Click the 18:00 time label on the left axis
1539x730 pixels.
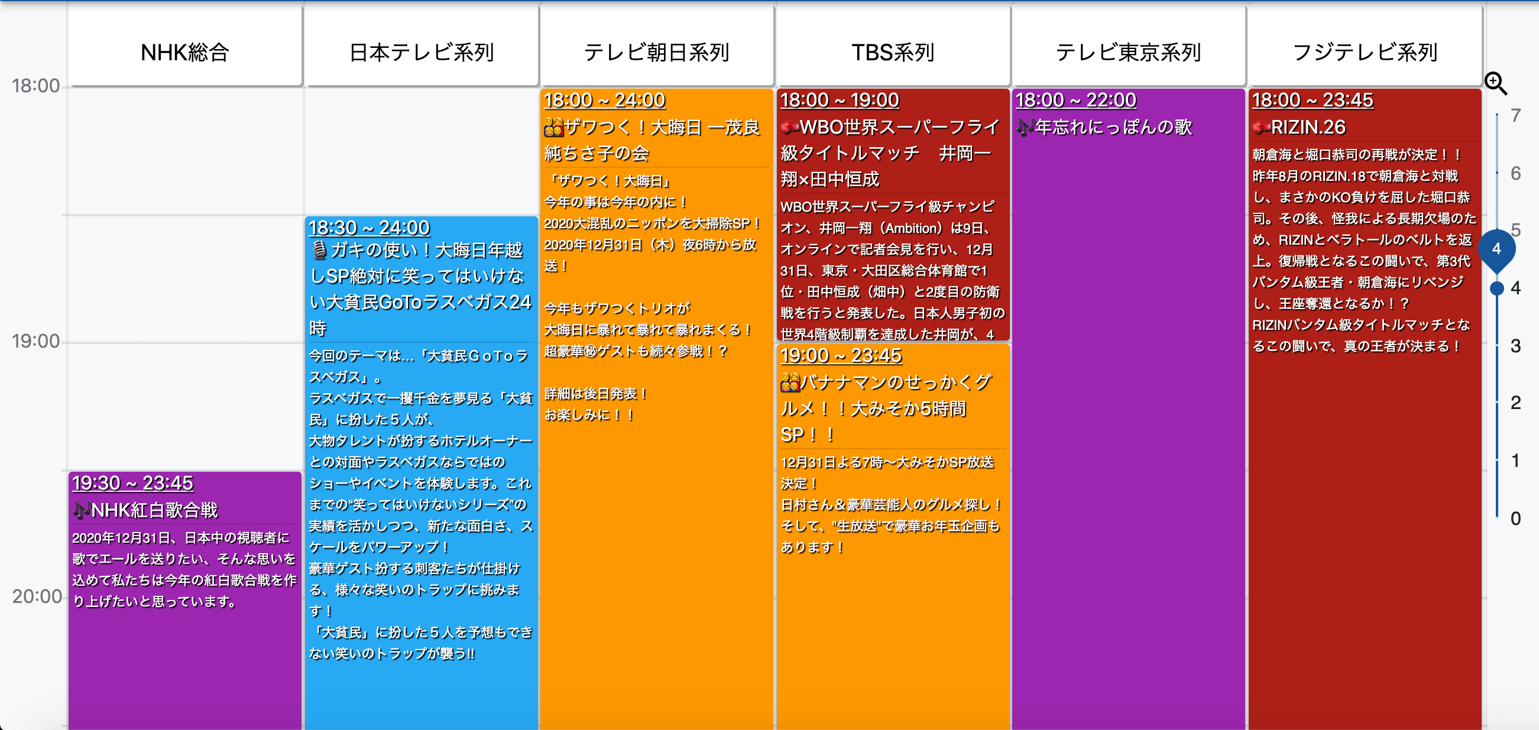tap(36, 86)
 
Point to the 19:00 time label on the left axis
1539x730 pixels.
tap(36, 341)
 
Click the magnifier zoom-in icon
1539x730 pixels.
tap(1496, 83)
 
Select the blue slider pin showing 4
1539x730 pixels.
tap(1496, 249)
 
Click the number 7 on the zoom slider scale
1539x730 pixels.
tap(1516, 115)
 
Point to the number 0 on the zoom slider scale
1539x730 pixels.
tap(1516, 518)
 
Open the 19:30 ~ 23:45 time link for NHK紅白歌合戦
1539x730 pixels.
tap(132, 483)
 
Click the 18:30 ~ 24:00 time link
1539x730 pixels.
tap(369, 228)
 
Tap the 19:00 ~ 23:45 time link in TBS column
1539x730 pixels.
tap(841, 355)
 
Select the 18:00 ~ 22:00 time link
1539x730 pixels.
tap(1076, 100)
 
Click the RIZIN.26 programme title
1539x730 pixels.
tap(1308, 127)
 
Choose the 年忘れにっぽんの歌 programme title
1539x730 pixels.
tap(1114, 127)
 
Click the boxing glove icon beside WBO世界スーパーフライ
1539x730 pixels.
tap(790, 127)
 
